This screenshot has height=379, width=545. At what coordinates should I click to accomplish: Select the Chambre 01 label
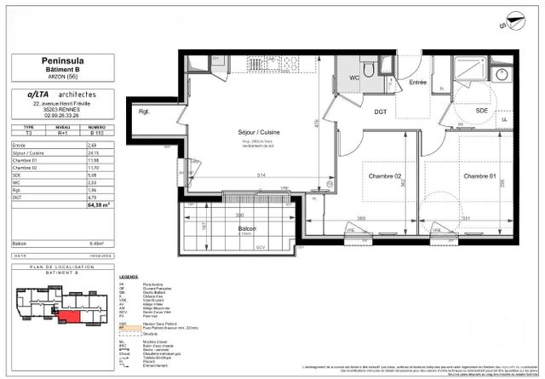(x=479, y=175)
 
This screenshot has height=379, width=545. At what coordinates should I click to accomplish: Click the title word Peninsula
(x=57, y=60)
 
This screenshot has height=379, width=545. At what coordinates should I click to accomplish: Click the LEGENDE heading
(x=129, y=278)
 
